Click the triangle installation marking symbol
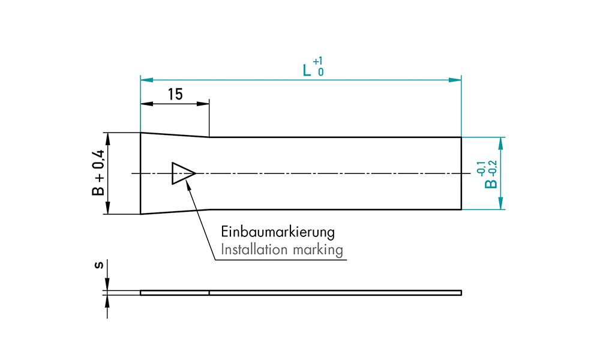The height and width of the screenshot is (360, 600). click(x=182, y=173)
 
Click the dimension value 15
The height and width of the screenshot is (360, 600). click(x=175, y=94)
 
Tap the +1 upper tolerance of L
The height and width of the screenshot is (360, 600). click(x=319, y=61)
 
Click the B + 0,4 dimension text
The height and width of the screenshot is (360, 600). click(x=98, y=173)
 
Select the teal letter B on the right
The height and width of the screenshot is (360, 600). click(x=492, y=181)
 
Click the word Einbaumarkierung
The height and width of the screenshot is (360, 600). click(x=278, y=232)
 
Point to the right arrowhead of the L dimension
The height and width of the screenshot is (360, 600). click(x=457, y=79)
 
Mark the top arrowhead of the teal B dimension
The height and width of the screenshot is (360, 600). click(x=501, y=142)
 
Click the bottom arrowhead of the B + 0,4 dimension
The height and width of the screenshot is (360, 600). click(x=108, y=209)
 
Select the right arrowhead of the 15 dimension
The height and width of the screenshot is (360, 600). click(x=205, y=104)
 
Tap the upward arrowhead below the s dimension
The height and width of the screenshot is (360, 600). click(x=108, y=299)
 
